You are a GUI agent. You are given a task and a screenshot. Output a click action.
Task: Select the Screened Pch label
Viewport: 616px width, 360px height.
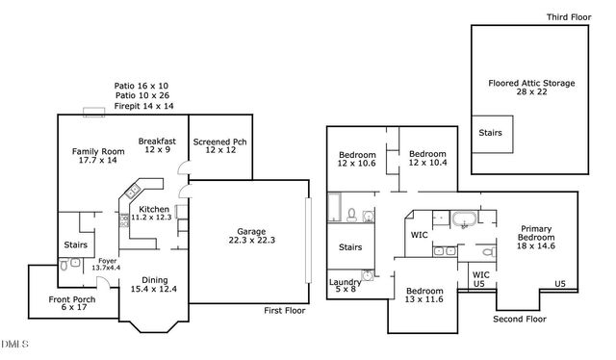tap(219, 147)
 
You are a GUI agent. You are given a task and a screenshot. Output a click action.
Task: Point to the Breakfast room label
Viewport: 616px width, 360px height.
tap(156, 146)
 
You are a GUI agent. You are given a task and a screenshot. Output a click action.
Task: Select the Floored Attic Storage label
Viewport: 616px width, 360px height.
tap(531, 89)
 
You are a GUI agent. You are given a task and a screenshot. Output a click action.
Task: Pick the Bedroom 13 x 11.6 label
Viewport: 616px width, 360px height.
tap(423, 296)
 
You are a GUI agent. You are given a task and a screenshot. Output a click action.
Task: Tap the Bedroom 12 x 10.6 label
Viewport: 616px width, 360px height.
tap(356, 159)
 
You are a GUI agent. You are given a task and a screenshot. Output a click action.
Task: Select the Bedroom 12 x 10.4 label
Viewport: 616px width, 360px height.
tap(427, 159)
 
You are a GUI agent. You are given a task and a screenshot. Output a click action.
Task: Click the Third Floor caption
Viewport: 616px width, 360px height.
tap(569, 17)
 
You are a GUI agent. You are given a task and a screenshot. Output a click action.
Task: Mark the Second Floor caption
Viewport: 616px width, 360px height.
tap(519, 319)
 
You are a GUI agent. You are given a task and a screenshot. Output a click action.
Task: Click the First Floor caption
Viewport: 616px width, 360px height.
tap(286, 311)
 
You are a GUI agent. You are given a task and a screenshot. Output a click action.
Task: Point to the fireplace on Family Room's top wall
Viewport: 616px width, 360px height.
tap(94, 113)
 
